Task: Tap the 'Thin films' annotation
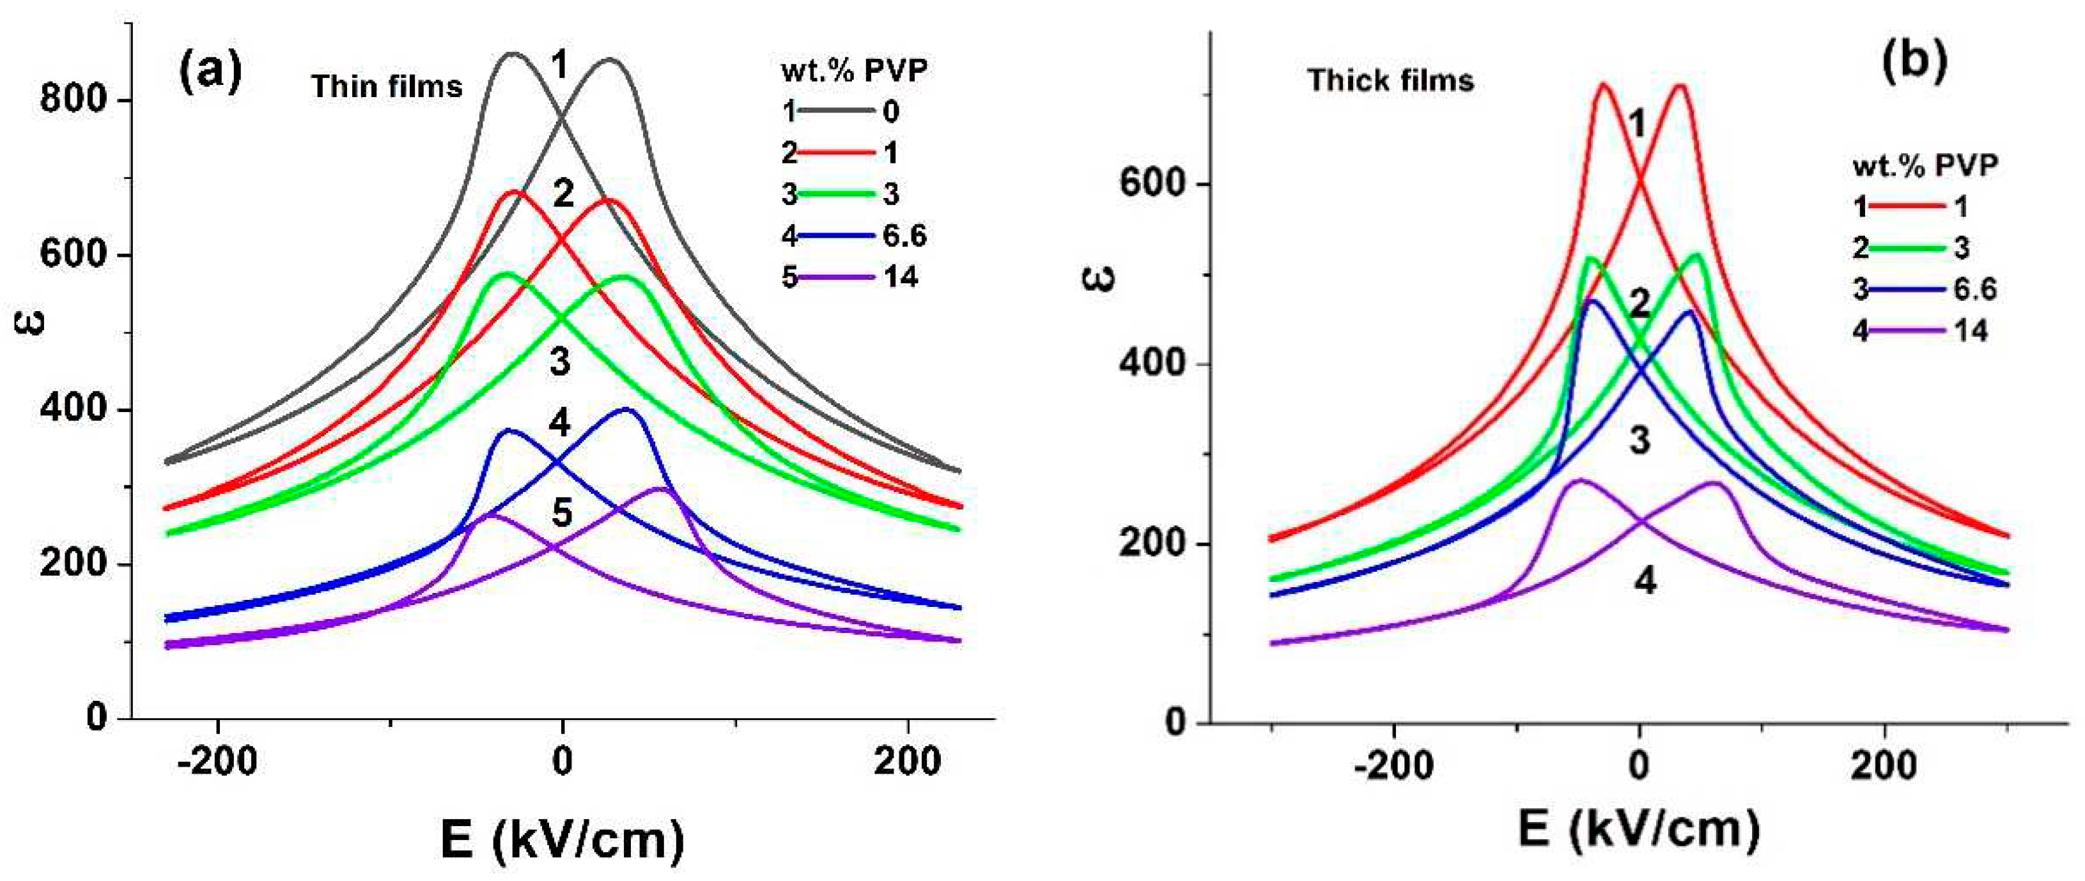387,86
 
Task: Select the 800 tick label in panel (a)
74,100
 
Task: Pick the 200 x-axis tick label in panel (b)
1884,765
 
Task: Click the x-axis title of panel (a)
562,839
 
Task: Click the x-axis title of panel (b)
1639,830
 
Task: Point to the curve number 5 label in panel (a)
562,512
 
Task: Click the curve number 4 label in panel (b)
1644,580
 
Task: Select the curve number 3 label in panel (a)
560,362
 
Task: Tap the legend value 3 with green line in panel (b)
1961,247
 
